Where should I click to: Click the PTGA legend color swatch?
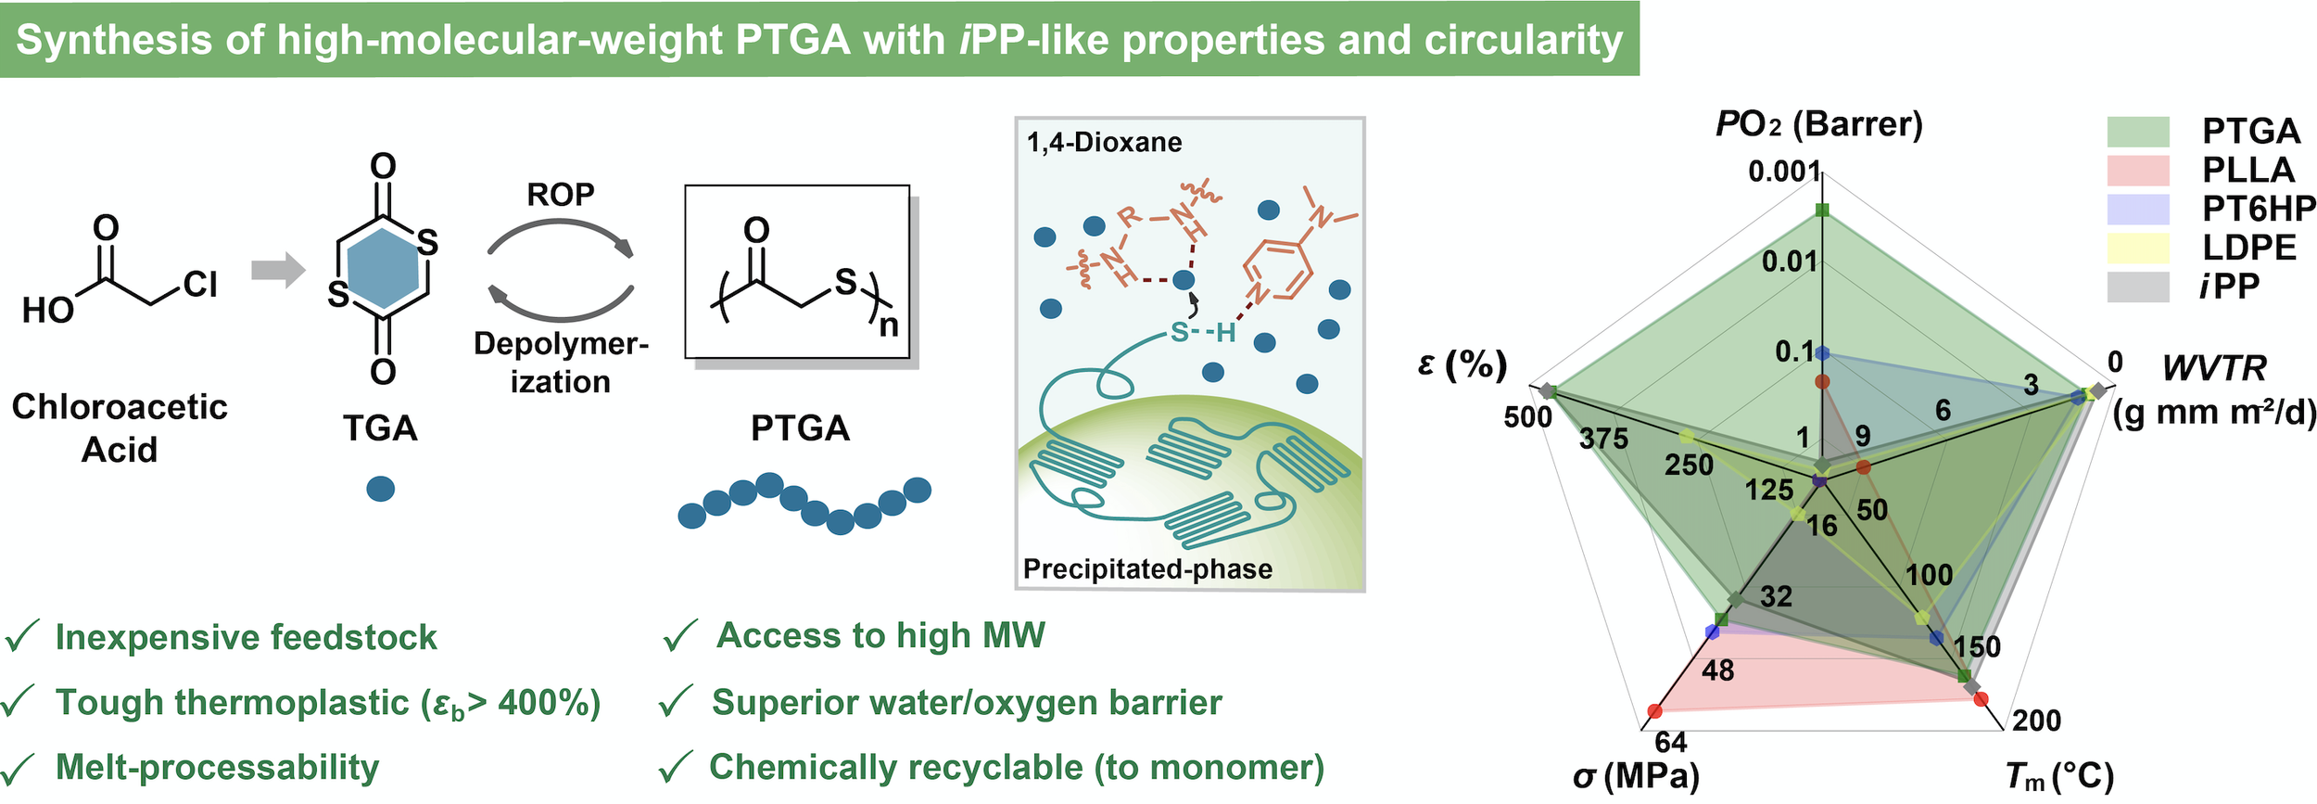(2138, 132)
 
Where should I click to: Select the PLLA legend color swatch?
(2138, 171)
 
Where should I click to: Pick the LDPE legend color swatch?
(2138, 248)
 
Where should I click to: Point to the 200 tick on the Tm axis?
(2036, 720)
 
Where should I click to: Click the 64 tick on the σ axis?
(1671, 742)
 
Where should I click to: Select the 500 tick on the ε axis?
(1527, 417)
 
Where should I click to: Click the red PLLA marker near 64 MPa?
(1655, 711)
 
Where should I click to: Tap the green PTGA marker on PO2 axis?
(1822, 211)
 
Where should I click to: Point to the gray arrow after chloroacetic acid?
(278, 271)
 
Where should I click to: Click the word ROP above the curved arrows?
(560, 195)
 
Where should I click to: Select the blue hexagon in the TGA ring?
(383, 269)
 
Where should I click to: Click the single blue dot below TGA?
(381, 489)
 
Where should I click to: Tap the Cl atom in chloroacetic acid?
(200, 284)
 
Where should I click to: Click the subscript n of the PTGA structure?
(889, 326)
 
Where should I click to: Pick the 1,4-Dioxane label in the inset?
(1104, 143)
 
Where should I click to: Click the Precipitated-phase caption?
(1147, 568)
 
